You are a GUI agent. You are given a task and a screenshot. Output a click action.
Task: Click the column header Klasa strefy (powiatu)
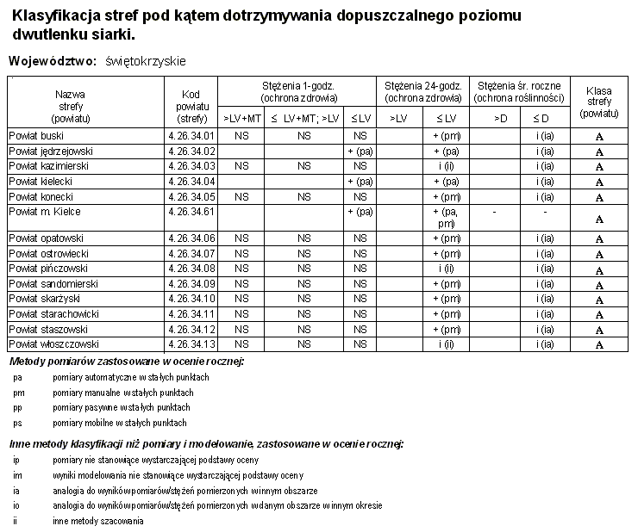coord(598,102)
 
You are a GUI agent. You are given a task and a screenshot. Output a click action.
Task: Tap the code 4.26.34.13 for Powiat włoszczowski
coord(191,344)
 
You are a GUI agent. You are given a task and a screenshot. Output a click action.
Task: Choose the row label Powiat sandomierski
coord(53,283)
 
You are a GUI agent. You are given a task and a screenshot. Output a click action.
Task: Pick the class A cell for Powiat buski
coord(599,137)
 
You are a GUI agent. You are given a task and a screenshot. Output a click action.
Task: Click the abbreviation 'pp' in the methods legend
coord(18,407)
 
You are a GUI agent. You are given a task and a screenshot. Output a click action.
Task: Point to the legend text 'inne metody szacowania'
coord(97,521)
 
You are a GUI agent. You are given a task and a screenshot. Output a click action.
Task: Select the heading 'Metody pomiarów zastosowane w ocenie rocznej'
coord(126,361)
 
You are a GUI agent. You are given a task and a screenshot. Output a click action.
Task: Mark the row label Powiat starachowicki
coord(53,313)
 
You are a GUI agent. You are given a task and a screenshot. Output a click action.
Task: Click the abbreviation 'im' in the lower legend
coord(18,474)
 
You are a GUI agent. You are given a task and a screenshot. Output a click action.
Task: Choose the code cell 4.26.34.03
coord(191,165)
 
